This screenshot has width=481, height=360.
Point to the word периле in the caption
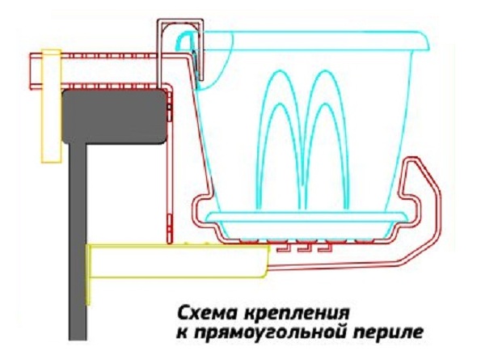point(388,332)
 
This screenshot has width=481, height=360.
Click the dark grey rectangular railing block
point(114,116)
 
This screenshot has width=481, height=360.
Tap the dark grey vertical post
point(78,242)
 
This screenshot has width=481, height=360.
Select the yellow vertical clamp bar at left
point(51,106)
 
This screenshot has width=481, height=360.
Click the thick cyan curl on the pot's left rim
point(182,40)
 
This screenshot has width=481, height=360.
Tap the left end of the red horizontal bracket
point(31,72)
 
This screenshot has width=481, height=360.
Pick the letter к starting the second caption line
point(183,333)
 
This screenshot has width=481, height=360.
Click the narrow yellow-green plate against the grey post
point(89,275)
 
